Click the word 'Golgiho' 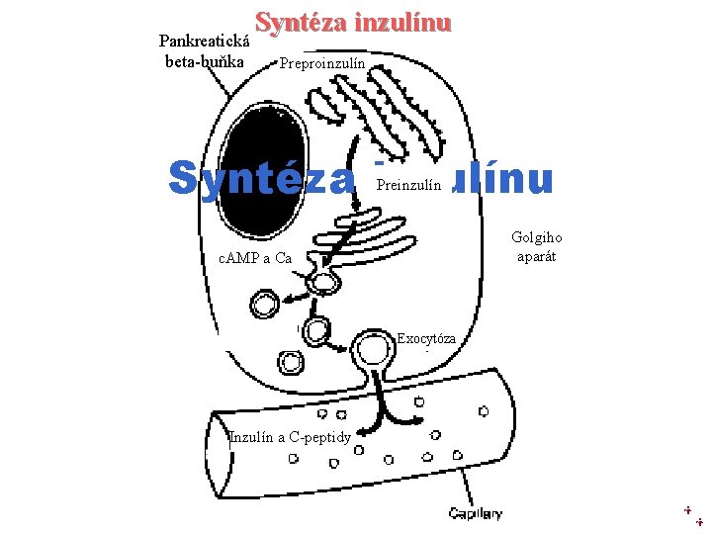[x=536, y=237]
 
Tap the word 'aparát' [x=537, y=256]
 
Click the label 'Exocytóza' [x=426, y=339]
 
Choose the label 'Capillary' [x=475, y=513]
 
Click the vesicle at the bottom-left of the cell [x=291, y=362]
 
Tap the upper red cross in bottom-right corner [x=687, y=509]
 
